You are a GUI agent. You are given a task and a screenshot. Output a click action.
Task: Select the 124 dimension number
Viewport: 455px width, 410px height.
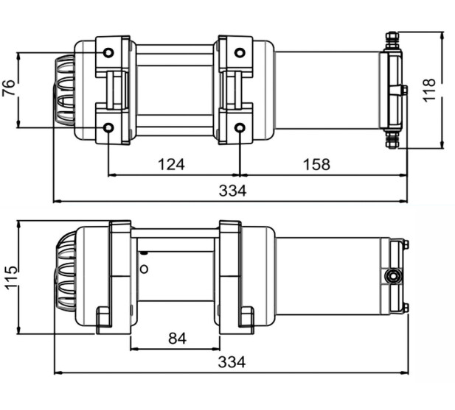click(171, 163)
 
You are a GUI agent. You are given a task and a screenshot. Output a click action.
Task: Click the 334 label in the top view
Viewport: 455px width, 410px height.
click(232, 191)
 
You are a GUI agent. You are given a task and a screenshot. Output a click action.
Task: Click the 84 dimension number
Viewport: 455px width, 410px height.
click(177, 338)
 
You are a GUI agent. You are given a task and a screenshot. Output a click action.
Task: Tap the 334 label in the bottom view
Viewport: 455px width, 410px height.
click(232, 362)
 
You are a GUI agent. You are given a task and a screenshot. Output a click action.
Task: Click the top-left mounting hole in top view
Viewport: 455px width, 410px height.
click(108, 53)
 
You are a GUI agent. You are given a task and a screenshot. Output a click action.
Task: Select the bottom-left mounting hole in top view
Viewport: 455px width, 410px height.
click(108, 128)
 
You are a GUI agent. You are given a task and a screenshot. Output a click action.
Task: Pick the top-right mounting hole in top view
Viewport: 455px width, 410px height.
click(240, 53)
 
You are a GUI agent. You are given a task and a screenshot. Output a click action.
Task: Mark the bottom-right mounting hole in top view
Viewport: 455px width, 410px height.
click(240, 128)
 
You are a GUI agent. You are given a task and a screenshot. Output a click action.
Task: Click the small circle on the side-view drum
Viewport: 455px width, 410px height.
click(145, 269)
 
